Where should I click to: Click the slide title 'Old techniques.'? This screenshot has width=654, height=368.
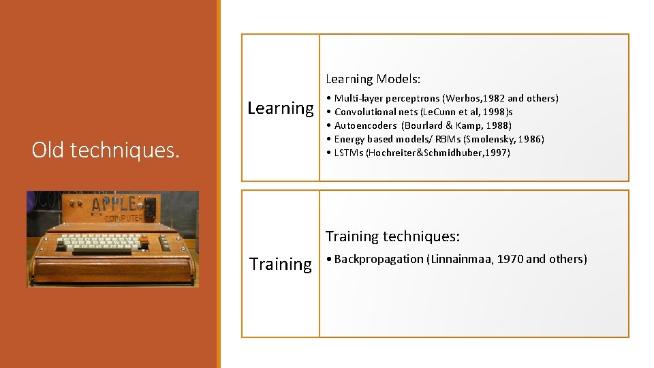tap(106, 150)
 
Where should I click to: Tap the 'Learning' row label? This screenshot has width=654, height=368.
tap(281, 108)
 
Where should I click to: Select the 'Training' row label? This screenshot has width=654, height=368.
tap(281, 264)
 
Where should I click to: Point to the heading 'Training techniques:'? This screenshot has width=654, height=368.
tap(392, 236)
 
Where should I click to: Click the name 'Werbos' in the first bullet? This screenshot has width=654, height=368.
tap(463, 98)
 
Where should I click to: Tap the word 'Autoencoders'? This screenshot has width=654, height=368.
tap(365, 125)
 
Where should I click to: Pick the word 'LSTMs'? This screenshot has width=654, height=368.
tap(349, 153)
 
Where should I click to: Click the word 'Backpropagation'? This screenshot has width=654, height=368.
tap(379, 259)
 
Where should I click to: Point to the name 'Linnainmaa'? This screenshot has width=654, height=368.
tap(461, 259)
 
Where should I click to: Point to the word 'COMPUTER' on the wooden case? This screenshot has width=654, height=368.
tap(124, 218)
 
